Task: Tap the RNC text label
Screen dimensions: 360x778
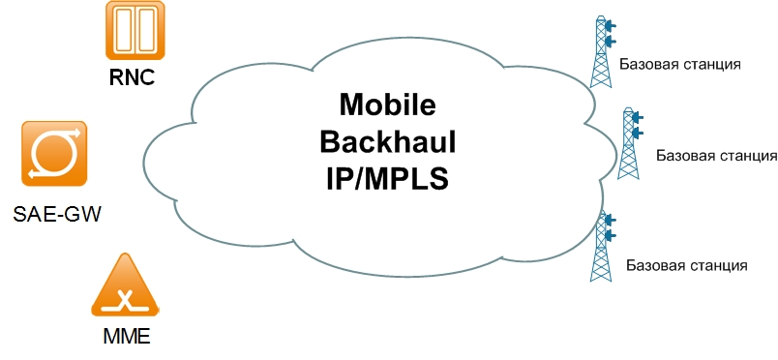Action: click(133, 76)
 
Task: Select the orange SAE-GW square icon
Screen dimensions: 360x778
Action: click(53, 154)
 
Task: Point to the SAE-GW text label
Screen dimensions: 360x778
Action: click(58, 212)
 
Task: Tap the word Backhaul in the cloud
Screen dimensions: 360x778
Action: click(387, 142)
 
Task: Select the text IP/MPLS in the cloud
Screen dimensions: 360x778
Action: click(385, 179)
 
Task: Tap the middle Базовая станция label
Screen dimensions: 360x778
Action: click(716, 155)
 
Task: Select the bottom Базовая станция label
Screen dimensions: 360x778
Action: click(686, 264)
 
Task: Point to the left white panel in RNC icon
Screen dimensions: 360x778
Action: click(123, 30)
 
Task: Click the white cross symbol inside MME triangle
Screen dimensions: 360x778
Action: click(124, 298)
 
